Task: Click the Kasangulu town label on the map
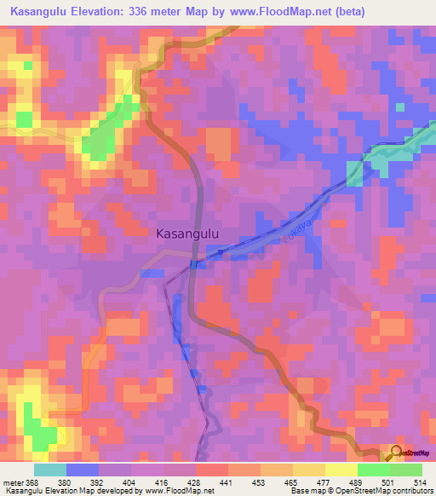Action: tap(189, 232)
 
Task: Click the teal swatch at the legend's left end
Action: tap(50, 470)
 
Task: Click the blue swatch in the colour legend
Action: tap(83, 470)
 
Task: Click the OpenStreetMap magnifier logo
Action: tap(396, 453)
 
